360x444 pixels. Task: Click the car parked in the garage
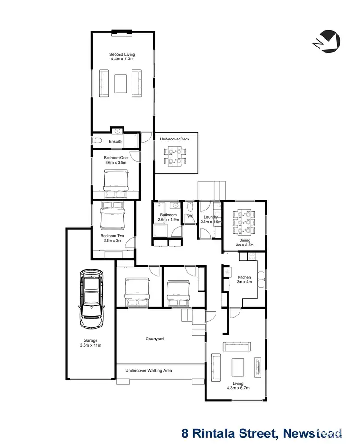[91, 299]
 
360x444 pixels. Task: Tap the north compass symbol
[328, 40]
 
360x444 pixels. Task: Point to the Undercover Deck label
[175, 139]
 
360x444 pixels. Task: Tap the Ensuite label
[115, 142]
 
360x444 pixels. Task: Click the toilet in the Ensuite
[96, 141]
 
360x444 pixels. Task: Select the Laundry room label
[211, 217]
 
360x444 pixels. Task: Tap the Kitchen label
[244, 277]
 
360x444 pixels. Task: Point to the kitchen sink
[261, 276]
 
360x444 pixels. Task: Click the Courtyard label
[155, 339]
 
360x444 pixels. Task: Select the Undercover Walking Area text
[148, 370]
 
